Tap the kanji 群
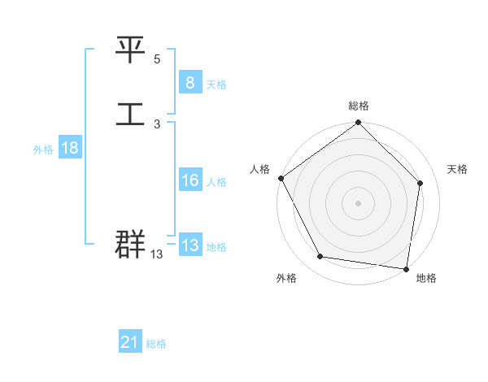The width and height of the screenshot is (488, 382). pyautogui.click(x=130, y=244)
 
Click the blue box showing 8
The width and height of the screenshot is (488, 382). pyautogui.click(x=190, y=82)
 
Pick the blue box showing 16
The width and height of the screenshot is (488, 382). pyautogui.click(x=190, y=180)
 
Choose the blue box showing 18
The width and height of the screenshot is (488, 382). pyautogui.click(x=69, y=148)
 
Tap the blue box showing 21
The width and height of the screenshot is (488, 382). pyautogui.click(x=130, y=342)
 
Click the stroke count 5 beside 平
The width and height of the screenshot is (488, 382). pyautogui.click(x=157, y=60)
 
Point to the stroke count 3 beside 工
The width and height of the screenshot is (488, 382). pyautogui.click(x=157, y=124)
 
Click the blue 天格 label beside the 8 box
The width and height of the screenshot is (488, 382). pyautogui.click(x=216, y=84)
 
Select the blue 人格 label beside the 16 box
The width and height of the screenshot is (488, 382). pyautogui.click(x=216, y=182)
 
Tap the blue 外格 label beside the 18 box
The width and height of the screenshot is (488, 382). pyautogui.click(x=43, y=150)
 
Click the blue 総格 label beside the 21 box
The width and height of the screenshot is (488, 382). pyautogui.click(x=156, y=344)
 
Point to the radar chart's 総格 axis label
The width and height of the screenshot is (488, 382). pyautogui.click(x=359, y=106)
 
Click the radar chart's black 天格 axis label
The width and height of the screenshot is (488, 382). pyautogui.click(x=457, y=169)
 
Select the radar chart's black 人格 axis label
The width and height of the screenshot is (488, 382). pyautogui.click(x=260, y=169)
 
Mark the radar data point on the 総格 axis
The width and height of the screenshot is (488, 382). pyautogui.click(x=359, y=124)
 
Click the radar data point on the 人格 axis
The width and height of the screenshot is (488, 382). pyautogui.click(x=281, y=178)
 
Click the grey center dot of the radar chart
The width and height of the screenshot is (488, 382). pyautogui.click(x=359, y=202)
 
